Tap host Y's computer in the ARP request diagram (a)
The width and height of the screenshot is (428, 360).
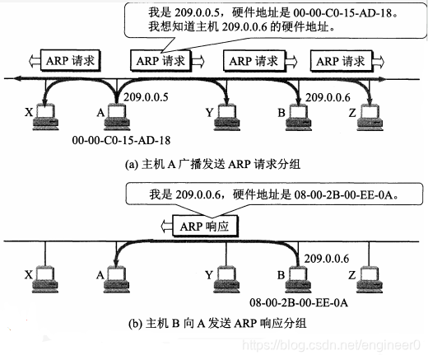click(226, 116)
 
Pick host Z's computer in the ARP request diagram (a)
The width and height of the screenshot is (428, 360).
click(371, 116)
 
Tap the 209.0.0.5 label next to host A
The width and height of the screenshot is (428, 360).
click(147, 97)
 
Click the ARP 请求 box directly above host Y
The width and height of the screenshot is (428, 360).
click(252, 61)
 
